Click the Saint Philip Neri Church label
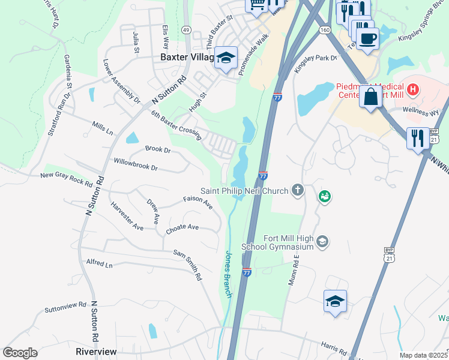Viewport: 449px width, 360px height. [x=245, y=191]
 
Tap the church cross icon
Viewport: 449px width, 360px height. [x=297, y=191]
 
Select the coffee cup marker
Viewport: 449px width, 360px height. [x=367, y=38]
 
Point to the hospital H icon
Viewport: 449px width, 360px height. [x=412, y=91]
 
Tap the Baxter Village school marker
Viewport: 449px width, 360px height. [x=226, y=58]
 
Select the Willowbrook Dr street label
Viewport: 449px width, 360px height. [x=136, y=164]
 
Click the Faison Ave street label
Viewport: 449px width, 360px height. [x=198, y=202]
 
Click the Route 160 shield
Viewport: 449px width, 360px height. [x=325, y=29]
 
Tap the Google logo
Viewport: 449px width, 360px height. [x=20, y=353]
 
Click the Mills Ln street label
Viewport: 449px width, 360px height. [x=102, y=127]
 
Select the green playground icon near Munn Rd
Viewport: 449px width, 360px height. [x=324, y=196]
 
